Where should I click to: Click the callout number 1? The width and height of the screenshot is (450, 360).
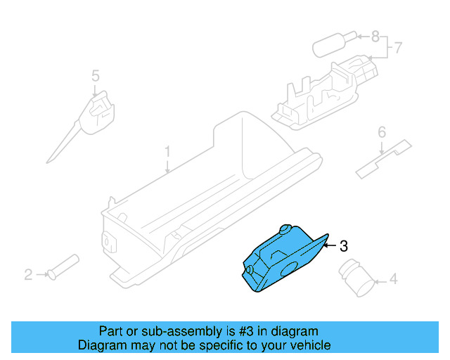click(167, 151)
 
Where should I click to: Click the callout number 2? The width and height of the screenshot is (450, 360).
click(29, 274)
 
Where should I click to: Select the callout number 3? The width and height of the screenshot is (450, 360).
click(343, 246)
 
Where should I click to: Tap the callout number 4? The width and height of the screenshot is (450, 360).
click(393, 280)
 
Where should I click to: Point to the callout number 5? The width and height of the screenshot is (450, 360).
click(96, 75)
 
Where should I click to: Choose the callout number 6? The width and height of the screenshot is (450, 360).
click(382, 132)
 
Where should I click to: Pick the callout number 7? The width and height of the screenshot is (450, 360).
click(397, 49)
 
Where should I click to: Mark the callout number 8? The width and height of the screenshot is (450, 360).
click(375, 35)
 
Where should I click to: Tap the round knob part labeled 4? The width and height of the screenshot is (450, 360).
click(357, 276)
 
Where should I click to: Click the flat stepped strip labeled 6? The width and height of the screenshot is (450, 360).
click(382, 160)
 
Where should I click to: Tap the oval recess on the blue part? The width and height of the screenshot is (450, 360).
click(288, 268)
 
